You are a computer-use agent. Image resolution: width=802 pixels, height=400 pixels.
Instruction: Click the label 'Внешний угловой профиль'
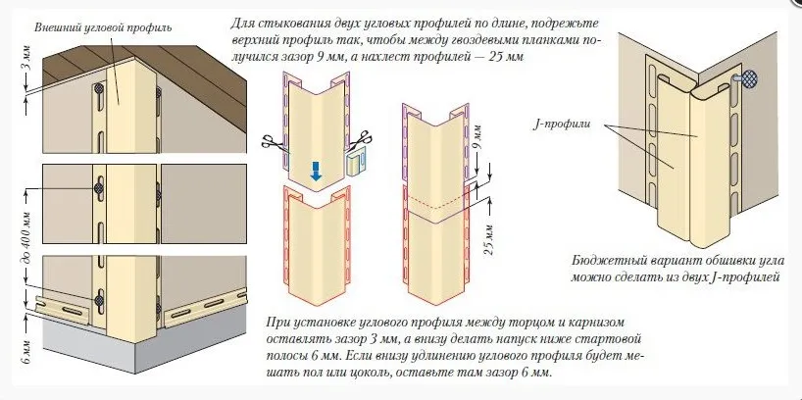click(x=103, y=27)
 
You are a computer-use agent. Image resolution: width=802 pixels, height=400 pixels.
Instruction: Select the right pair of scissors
click(x=362, y=138)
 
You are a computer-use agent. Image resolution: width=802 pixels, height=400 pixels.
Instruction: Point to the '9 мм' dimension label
click(x=477, y=138)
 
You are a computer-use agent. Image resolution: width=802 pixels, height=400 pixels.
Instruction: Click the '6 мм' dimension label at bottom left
click(x=27, y=352)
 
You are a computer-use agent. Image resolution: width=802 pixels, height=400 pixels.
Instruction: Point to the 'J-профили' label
click(x=562, y=125)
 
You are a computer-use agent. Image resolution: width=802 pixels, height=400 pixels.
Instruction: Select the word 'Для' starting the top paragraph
click(x=241, y=24)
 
